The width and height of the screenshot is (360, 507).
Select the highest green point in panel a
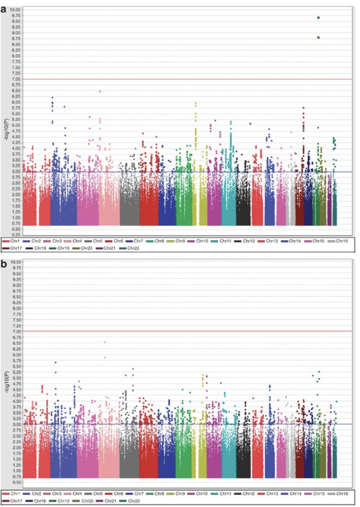coord(318,18)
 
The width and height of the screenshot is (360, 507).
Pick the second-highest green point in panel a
coord(318,37)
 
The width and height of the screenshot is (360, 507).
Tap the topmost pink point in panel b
coord(105,342)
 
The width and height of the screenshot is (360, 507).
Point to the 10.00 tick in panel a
coord(15,10)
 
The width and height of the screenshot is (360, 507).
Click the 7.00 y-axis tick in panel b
coord(16,331)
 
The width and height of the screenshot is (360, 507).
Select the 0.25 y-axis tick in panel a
coord(16,235)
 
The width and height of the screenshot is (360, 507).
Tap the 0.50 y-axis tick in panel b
coord(16,482)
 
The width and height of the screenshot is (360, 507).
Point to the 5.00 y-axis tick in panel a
coord(16,126)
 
